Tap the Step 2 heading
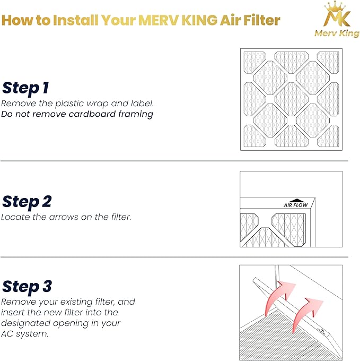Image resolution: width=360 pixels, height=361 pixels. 27,202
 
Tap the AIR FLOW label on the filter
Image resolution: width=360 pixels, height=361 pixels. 295,205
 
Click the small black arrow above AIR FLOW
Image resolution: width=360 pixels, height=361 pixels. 295,199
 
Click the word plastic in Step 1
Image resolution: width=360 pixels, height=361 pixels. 65,104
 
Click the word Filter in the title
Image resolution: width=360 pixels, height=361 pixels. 260,21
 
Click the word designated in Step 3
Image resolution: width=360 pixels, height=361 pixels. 26,323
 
